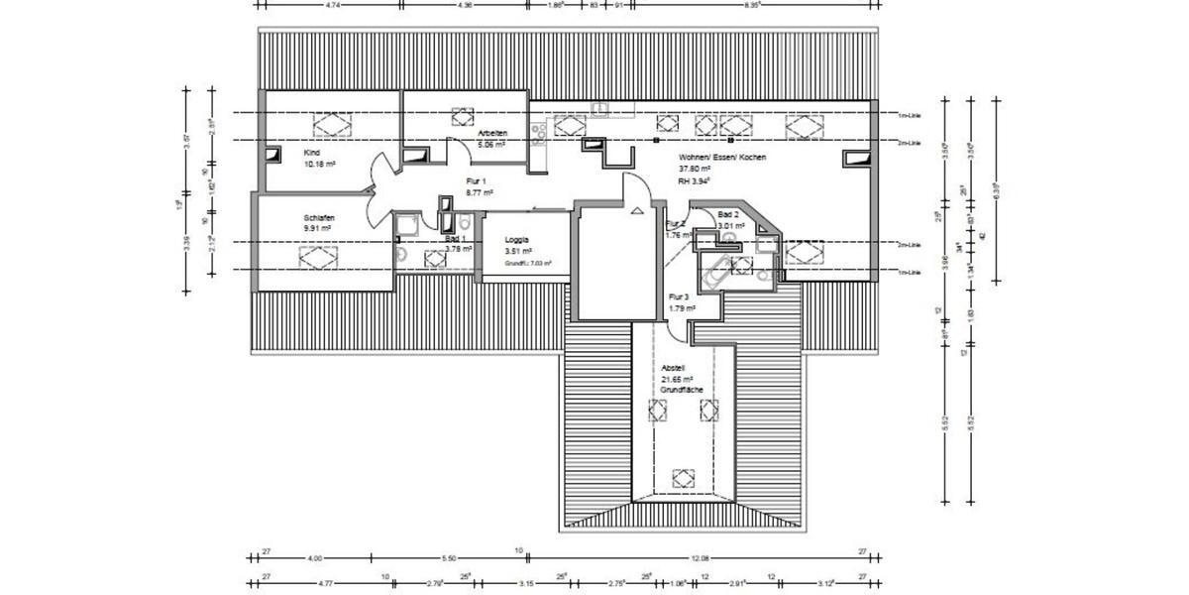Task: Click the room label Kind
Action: pos(312,153)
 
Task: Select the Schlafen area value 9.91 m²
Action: pos(317,227)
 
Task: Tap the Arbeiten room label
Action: pos(492,133)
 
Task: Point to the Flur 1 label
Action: pos(478,181)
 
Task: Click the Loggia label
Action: pos(516,240)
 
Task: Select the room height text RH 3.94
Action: pos(696,181)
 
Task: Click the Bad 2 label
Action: pos(729,214)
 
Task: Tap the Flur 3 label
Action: pos(679,297)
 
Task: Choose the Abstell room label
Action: pos(673,368)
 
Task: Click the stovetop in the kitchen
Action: pos(540,133)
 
